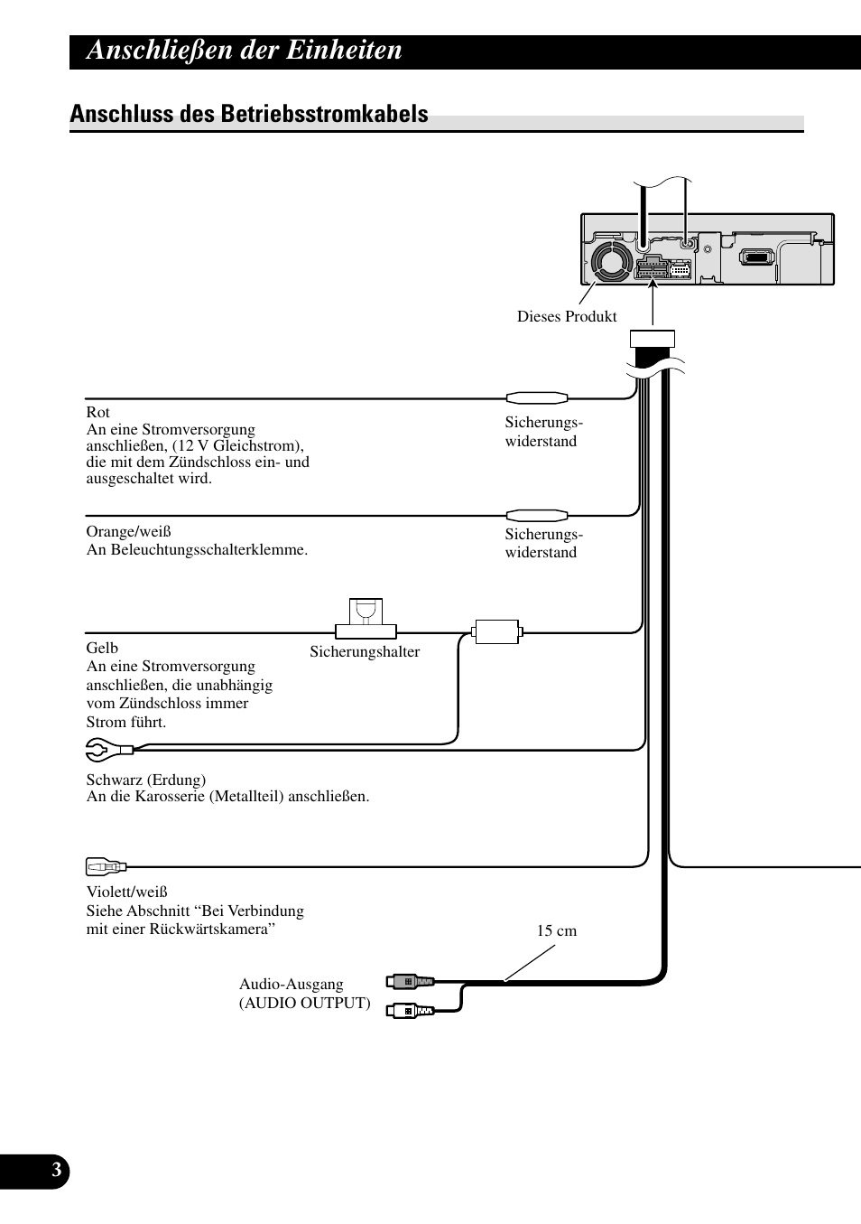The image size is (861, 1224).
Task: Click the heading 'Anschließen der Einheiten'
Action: click(245, 51)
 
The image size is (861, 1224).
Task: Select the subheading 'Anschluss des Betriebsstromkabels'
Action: click(249, 114)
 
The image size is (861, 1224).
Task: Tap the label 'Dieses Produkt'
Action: click(567, 316)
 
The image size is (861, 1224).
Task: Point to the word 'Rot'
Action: click(97, 412)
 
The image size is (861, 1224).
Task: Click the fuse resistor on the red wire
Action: click(536, 397)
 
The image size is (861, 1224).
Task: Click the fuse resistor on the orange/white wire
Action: click(536, 515)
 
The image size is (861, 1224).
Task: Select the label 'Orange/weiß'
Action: click(128, 531)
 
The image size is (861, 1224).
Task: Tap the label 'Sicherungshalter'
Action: click(365, 651)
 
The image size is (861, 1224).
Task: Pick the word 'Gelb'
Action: click(102, 648)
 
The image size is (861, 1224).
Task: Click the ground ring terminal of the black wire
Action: click(99, 749)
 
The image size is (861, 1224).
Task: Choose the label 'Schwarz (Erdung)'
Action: click(145, 780)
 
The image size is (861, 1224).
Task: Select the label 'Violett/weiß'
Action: click(126, 892)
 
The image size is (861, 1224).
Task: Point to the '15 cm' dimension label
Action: click(556, 930)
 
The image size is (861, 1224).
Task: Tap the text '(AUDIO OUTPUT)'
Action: click(304, 1003)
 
